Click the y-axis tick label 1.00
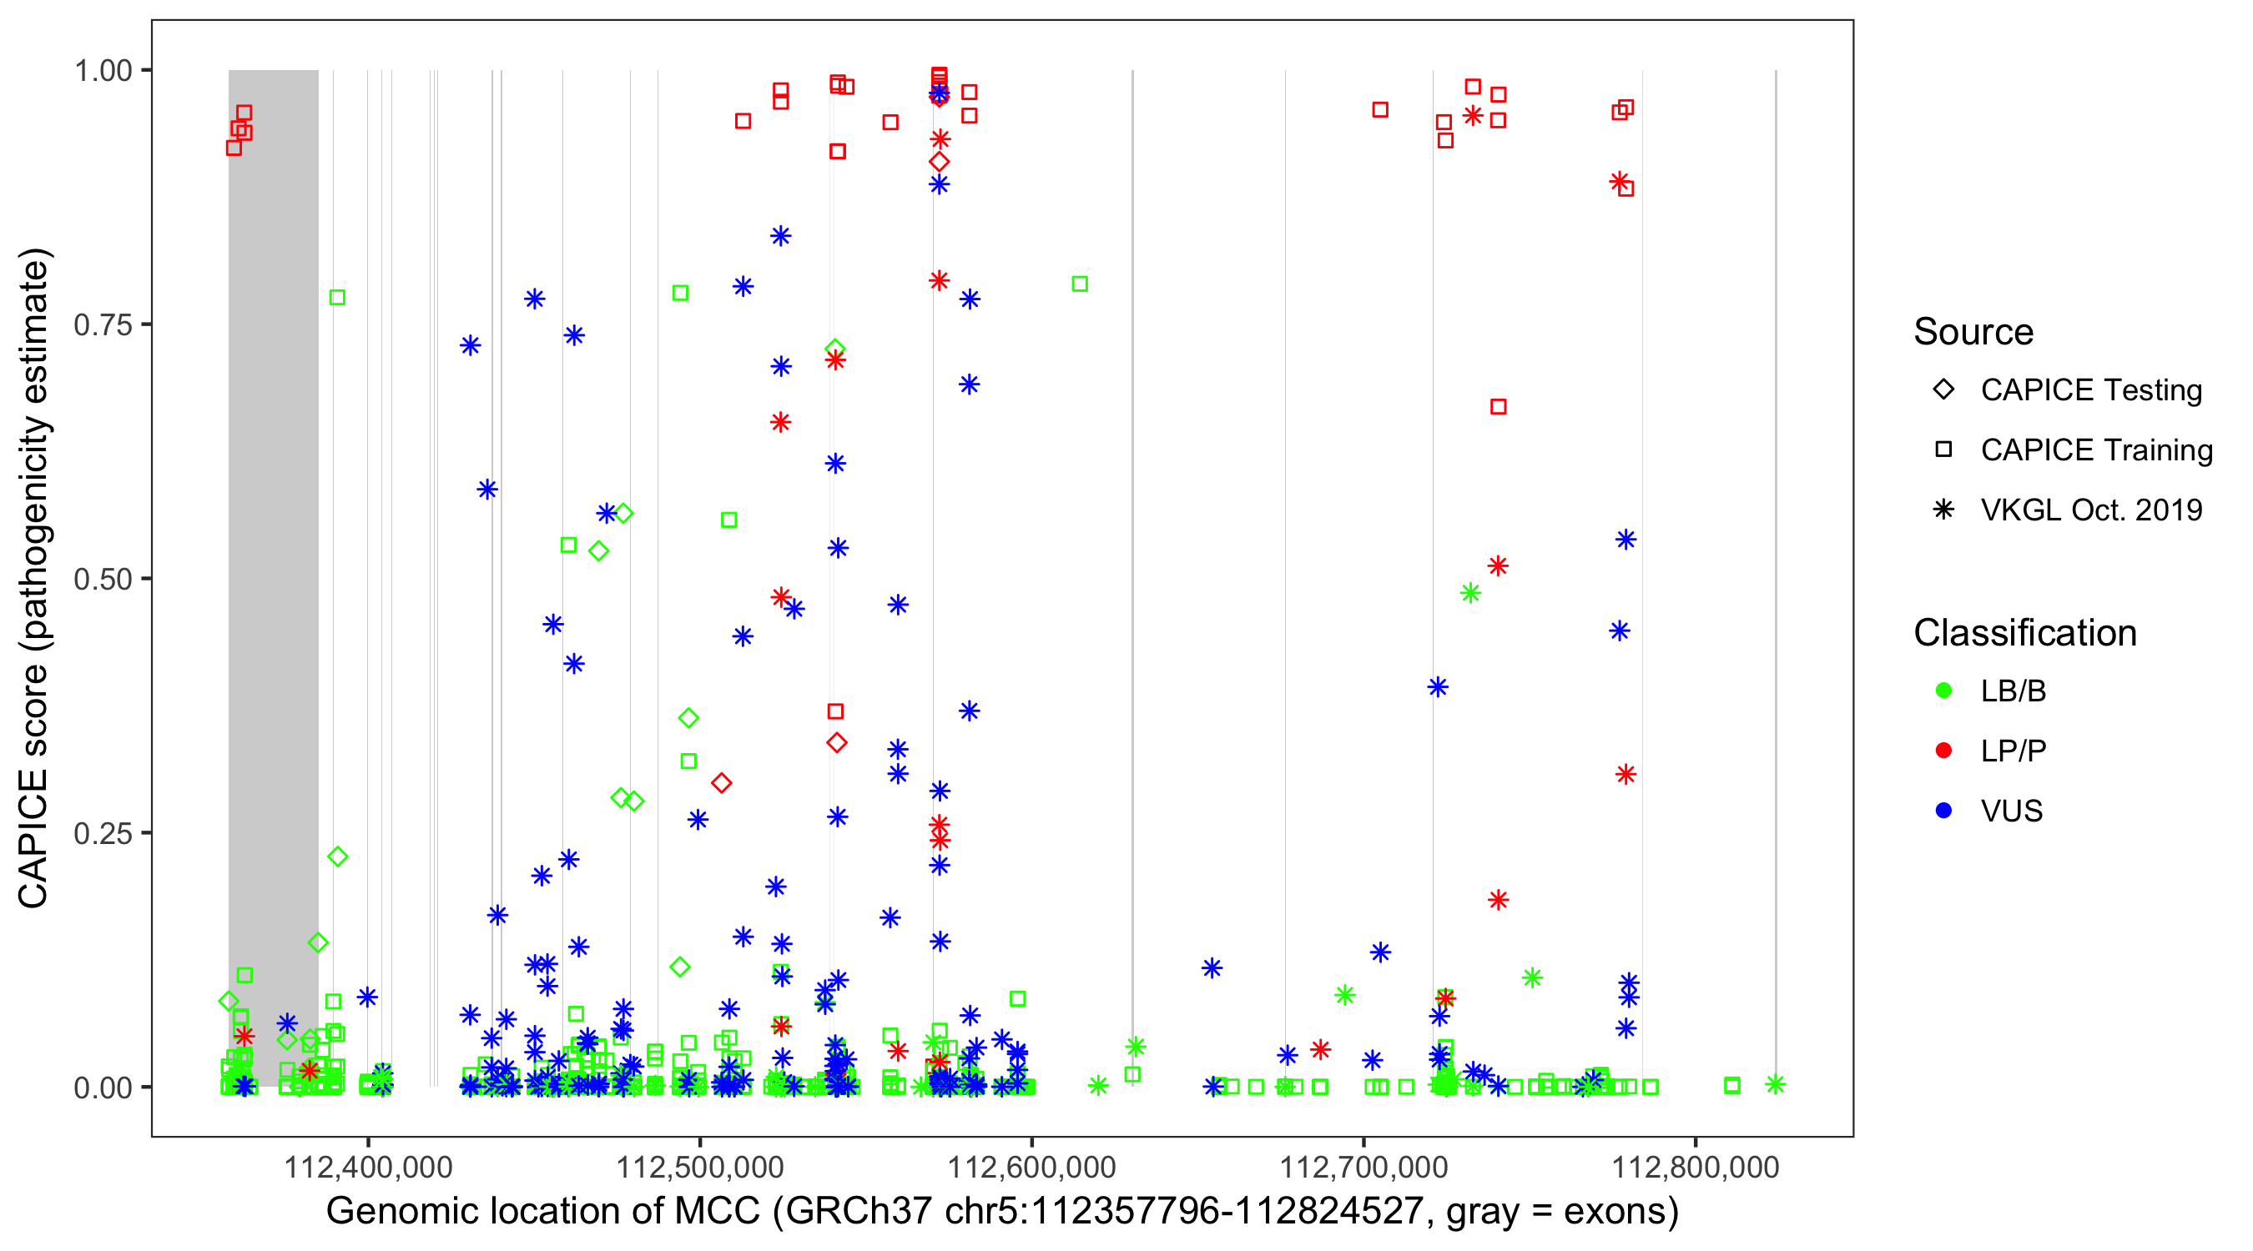pos(103,71)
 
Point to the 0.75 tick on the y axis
pos(103,325)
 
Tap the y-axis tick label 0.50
pos(103,580)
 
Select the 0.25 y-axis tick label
pos(103,833)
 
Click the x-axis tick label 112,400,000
pos(367,1167)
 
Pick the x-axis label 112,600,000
pos(1032,1167)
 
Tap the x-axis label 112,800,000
pos(1695,1167)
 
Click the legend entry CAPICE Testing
pos(2090,390)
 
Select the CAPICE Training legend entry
pos(2095,450)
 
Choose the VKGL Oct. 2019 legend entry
pos(2090,510)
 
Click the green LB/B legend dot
pos(1943,691)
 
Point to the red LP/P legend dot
pos(1943,751)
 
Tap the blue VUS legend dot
pos(1943,811)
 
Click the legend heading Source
pos(1973,332)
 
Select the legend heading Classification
pos(2024,633)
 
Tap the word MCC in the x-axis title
pos(717,1212)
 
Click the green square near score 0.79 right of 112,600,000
pos(1080,284)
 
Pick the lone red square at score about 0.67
pos(1498,406)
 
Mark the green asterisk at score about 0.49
pos(1470,594)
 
